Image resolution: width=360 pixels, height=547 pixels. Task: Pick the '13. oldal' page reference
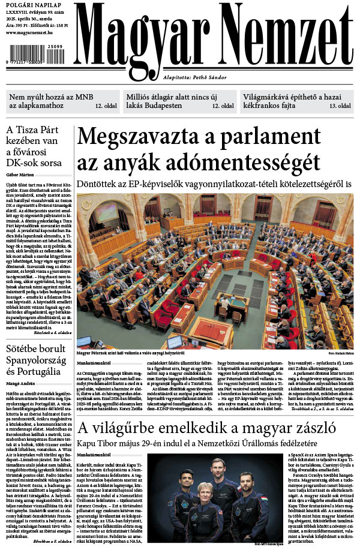coord(340,106)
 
